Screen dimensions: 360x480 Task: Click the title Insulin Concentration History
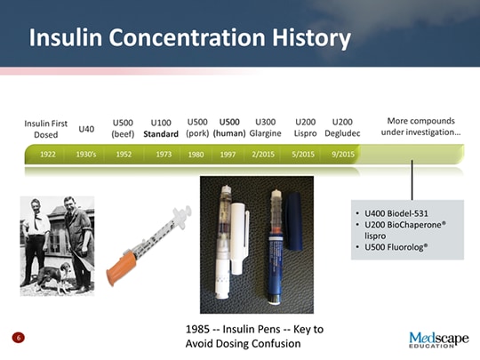[x=188, y=38]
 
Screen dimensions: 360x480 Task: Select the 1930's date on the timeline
[x=86, y=154]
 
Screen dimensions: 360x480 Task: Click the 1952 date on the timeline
[x=124, y=154]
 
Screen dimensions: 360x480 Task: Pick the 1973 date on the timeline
[x=163, y=154]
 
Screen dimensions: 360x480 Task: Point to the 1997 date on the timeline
[x=228, y=154]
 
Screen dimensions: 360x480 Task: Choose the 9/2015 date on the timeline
[x=342, y=154]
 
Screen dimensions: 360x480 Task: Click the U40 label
[x=86, y=129]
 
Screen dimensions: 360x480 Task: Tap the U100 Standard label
[x=161, y=128]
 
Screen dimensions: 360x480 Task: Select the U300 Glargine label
[x=265, y=128]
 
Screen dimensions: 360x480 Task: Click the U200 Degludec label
[x=342, y=128]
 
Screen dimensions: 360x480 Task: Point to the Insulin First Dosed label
[x=45, y=128]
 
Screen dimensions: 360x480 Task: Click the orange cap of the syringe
[x=121, y=267]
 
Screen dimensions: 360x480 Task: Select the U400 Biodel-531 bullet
[x=390, y=215]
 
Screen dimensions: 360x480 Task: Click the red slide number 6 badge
[x=18, y=338]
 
